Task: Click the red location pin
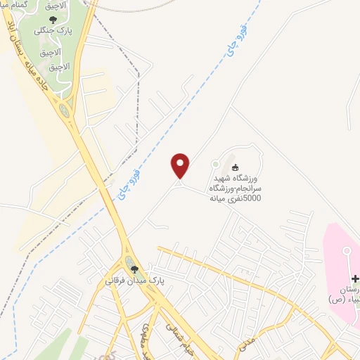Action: [x=181, y=165]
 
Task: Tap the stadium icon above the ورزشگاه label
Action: [x=236, y=167]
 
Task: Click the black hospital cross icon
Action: [x=354, y=280]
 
